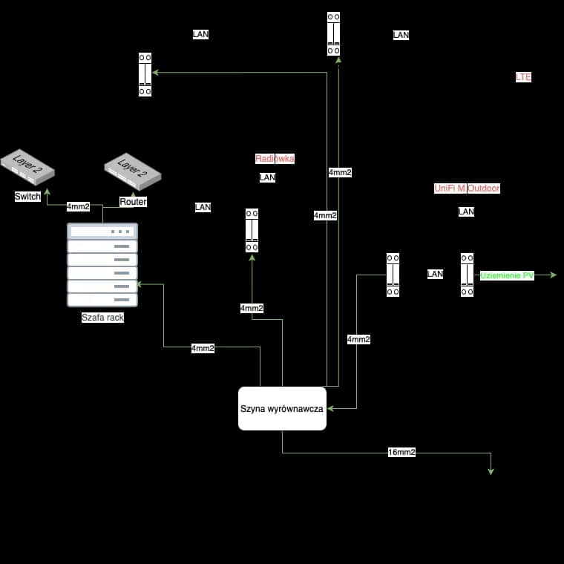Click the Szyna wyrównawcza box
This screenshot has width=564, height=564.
tap(282, 408)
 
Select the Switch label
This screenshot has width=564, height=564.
tap(27, 197)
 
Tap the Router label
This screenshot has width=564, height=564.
tap(133, 202)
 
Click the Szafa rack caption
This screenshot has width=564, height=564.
tap(102, 318)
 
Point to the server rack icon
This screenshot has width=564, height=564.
tap(102, 265)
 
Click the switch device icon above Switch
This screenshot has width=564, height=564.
tap(27, 168)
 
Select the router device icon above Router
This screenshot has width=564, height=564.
tap(132, 172)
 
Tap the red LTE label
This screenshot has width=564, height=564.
tap(523, 77)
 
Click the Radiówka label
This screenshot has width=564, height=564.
tap(275, 159)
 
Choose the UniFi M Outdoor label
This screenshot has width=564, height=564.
tap(467, 188)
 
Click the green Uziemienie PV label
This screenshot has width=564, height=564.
tap(507, 275)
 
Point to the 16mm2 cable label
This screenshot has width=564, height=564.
tap(401, 452)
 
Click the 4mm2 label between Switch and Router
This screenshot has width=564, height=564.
tap(78, 206)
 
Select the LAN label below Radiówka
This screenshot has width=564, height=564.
tap(267, 177)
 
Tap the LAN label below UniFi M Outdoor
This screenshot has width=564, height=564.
tap(466, 211)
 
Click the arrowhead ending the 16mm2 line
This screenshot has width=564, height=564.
tap(491, 470)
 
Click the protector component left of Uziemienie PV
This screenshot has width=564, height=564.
tap(467, 275)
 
